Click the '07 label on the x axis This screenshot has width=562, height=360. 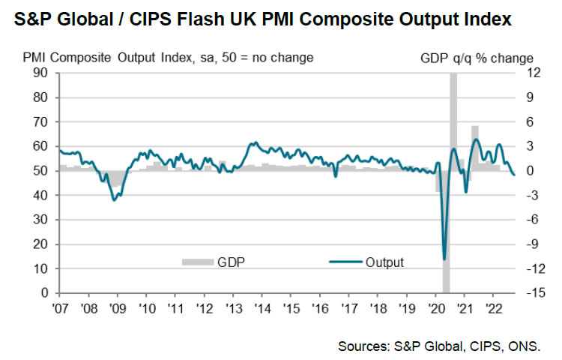(60, 307)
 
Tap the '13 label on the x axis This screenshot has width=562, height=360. (234, 307)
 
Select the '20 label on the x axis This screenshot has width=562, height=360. (436, 307)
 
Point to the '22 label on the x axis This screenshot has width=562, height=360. (494, 307)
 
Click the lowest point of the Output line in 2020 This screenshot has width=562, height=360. (445, 259)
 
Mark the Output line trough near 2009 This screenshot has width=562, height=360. (114, 199)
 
